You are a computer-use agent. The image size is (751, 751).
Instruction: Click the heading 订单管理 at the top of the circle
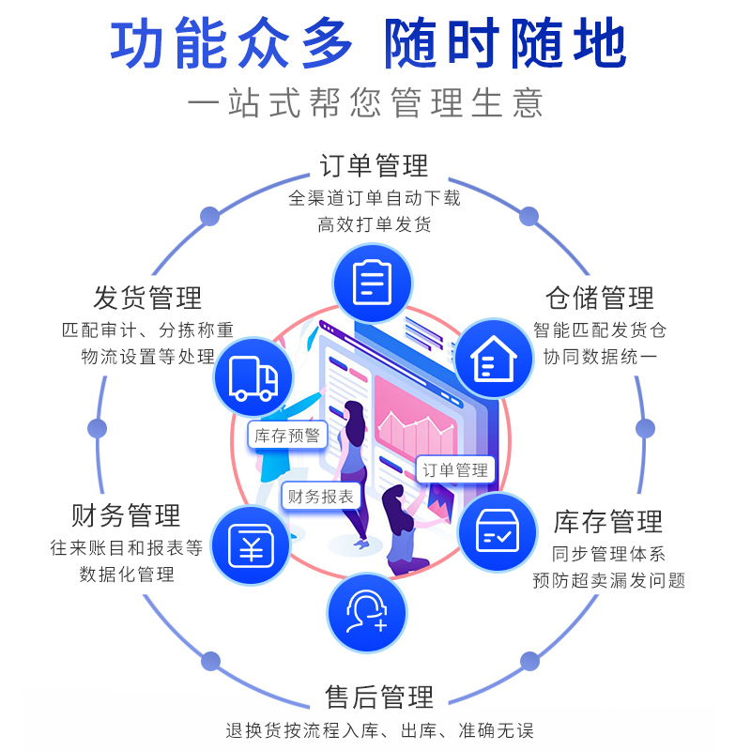tap(374, 167)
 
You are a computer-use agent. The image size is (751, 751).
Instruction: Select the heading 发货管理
tap(148, 299)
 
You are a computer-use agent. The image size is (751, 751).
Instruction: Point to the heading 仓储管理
tap(600, 299)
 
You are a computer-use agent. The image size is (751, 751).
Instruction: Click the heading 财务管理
tap(126, 515)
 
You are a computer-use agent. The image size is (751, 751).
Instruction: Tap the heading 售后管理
tap(379, 697)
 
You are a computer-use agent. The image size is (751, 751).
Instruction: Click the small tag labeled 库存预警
tap(287, 436)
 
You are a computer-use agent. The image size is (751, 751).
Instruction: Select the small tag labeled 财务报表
tap(321, 497)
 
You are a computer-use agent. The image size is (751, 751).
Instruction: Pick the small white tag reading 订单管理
tap(456, 470)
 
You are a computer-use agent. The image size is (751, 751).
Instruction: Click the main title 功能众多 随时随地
tap(369, 43)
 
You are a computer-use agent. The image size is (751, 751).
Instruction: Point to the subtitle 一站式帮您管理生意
tap(366, 102)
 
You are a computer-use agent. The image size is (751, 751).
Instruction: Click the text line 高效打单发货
tap(375, 223)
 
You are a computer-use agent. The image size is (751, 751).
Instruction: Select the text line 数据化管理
tap(127, 575)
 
